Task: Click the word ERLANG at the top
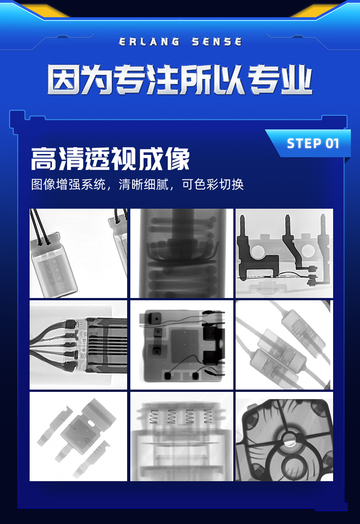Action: (x=149, y=42)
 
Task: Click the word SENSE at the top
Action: (x=216, y=42)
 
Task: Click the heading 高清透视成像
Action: (x=110, y=159)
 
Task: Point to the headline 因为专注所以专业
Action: (x=180, y=80)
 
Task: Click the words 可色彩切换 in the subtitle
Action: (x=213, y=184)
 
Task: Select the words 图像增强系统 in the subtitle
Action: (x=68, y=184)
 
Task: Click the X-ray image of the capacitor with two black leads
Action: (x=78, y=253)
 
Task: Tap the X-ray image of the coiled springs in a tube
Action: (x=181, y=253)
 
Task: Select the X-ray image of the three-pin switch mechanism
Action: (x=284, y=253)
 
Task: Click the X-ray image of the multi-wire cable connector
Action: (x=78, y=345)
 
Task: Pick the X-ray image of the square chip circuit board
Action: (x=181, y=345)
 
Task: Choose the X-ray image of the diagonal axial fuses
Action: (x=284, y=345)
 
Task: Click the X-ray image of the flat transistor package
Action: (x=78, y=437)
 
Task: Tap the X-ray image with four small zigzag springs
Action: (x=181, y=437)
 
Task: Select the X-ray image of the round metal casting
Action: (x=284, y=437)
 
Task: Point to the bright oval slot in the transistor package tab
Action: (x=91, y=423)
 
